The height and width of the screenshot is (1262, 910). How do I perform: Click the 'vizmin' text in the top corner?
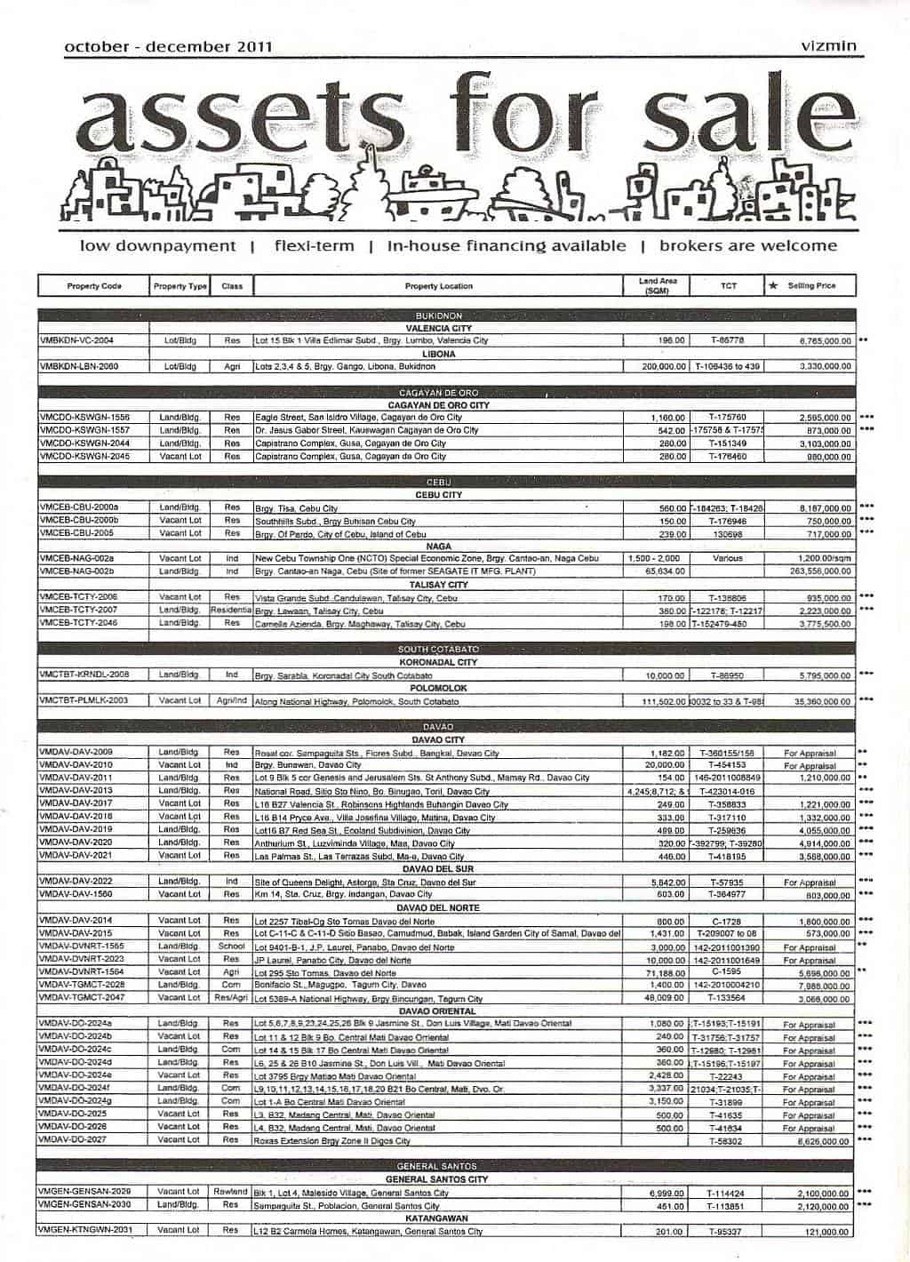pyautogui.click(x=827, y=46)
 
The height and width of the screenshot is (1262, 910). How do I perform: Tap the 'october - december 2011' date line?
pyautogui.click(x=168, y=47)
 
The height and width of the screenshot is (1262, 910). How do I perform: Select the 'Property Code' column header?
pyautogui.click(x=93, y=286)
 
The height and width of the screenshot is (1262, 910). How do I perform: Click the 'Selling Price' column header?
pyautogui.click(x=810, y=286)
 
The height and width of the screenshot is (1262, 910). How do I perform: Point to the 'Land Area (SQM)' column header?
pyautogui.click(x=658, y=286)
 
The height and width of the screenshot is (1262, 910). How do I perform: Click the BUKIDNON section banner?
pyautogui.click(x=439, y=315)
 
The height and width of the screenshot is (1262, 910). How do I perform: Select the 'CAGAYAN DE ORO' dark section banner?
pyautogui.click(x=439, y=393)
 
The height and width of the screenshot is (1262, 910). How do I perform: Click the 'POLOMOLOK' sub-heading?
pyautogui.click(x=439, y=688)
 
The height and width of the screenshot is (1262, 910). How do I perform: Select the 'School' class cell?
pyautogui.click(x=232, y=946)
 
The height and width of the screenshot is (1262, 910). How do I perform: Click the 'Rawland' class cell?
pyautogui.click(x=232, y=1192)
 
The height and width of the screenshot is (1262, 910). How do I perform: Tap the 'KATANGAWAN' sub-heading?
pyautogui.click(x=439, y=1218)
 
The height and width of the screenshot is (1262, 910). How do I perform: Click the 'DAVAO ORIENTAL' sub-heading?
pyautogui.click(x=439, y=1011)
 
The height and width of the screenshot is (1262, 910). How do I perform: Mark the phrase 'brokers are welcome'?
pyautogui.click(x=748, y=246)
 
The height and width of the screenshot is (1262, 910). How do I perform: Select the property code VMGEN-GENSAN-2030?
pyautogui.click(x=85, y=1205)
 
